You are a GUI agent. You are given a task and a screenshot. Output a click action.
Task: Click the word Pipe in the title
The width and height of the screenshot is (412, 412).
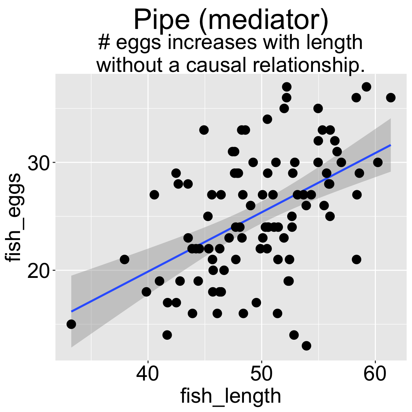pos(161,20)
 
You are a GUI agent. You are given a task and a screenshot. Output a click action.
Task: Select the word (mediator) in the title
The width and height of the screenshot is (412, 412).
pos(262,20)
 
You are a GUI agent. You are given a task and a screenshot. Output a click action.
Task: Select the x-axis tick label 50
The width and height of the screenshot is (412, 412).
pos(261,374)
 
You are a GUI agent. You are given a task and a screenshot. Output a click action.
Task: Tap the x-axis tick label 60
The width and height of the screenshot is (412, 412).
pos(375,374)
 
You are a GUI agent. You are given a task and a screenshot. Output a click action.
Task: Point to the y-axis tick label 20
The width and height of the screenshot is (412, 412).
pos(39,271)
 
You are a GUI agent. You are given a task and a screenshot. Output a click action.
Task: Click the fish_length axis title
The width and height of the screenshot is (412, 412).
pos(231,396)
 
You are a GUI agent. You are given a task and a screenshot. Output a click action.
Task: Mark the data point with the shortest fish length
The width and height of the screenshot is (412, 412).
pos(71,324)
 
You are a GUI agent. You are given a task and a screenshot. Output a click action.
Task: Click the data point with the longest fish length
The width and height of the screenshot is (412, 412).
pos(391,98)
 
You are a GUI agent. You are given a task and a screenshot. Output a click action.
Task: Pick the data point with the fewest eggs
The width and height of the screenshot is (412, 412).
pos(306,345)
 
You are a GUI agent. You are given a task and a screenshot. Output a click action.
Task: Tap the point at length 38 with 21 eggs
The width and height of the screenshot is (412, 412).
pos(124,259)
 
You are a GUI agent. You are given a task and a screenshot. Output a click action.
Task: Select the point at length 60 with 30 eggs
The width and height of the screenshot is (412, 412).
pos(378,162)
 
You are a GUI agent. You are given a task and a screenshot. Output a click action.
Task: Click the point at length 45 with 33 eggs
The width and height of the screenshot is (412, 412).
pos(204,130)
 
